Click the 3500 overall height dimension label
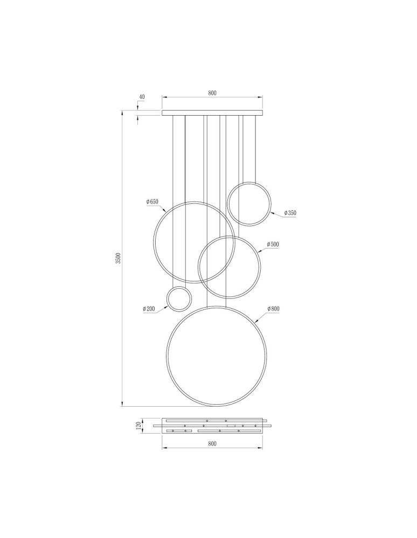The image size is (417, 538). (x=118, y=258)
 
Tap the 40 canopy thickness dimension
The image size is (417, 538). (x=142, y=97)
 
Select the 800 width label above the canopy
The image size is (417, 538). (x=212, y=93)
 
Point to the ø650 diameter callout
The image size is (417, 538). (x=152, y=202)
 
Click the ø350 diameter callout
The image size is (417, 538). (x=290, y=213)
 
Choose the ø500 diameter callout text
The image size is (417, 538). (x=273, y=244)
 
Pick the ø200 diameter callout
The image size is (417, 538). (x=149, y=309)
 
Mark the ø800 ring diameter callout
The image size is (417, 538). (x=273, y=309)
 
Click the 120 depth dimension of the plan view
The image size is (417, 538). (x=138, y=426)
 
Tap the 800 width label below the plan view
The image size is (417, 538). (x=212, y=444)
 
